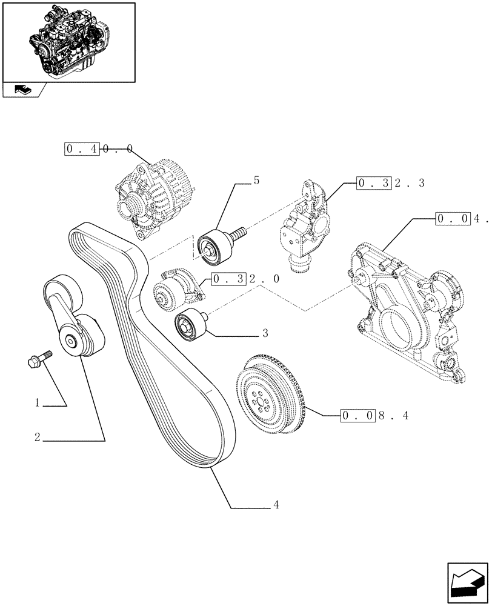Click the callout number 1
coord(37,403)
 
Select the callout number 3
coord(265,333)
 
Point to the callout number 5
coord(256,180)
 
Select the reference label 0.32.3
coord(391,182)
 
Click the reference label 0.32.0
coord(245,279)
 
